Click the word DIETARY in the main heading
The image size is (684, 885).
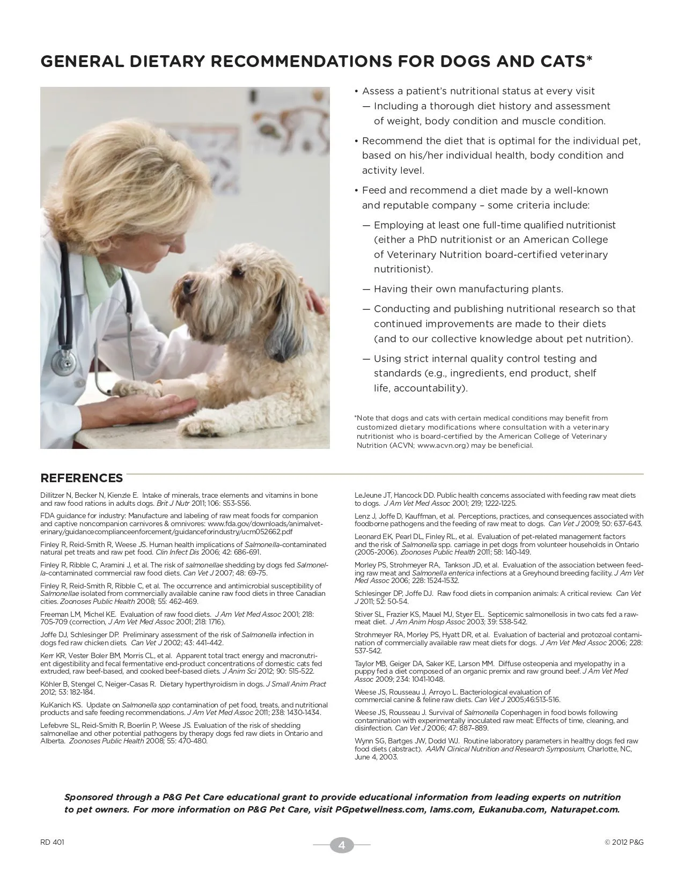[167, 62]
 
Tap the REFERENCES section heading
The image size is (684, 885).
[82, 478]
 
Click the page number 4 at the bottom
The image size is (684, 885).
[342, 845]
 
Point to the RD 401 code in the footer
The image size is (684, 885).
[52, 842]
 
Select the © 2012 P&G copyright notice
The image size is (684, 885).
[624, 842]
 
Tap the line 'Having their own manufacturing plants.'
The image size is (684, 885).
[468, 289]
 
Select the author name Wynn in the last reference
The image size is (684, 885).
[364, 741]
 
